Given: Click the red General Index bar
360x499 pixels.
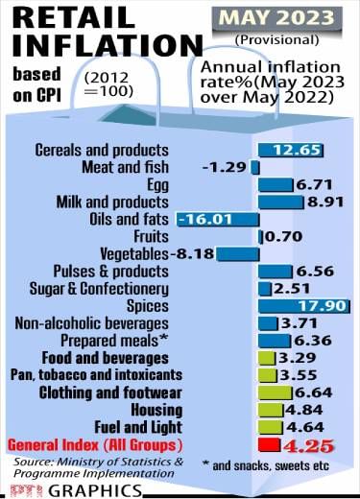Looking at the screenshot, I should point(268,445).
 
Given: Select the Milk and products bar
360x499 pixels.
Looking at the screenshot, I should point(279,202).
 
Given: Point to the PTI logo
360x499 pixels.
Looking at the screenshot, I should point(29,490).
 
